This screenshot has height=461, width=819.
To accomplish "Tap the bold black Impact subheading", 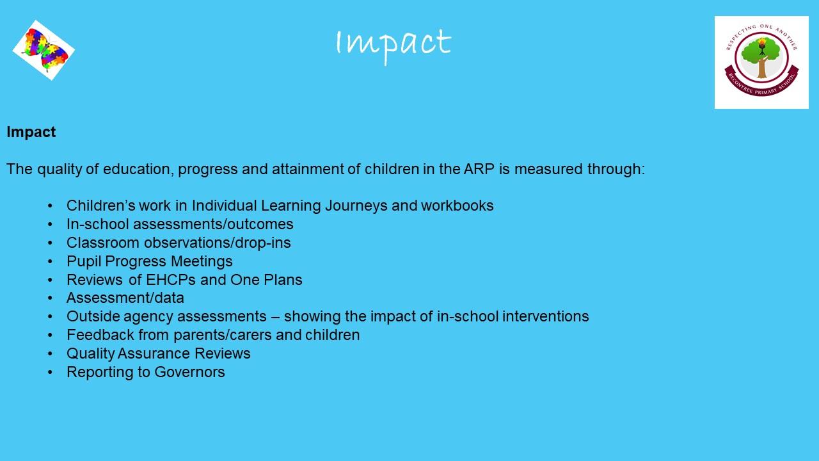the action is coord(31,132).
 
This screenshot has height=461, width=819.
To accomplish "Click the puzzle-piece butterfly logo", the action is coord(44,50).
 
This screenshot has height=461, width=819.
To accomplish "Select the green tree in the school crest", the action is coord(761,58).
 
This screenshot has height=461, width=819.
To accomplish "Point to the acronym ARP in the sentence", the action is coord(479,169).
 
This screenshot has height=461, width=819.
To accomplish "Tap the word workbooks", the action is coord(457,206).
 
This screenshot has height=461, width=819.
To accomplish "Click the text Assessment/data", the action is coord(125,298).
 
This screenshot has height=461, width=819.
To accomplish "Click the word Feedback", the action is coord(100,335).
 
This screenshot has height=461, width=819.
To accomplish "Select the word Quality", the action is coord(91,354).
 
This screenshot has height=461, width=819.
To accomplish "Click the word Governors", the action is coord(189,372).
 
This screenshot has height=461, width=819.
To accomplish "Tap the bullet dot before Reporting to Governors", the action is coord(50,373).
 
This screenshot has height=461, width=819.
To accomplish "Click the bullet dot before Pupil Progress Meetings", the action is coord(50,262).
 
